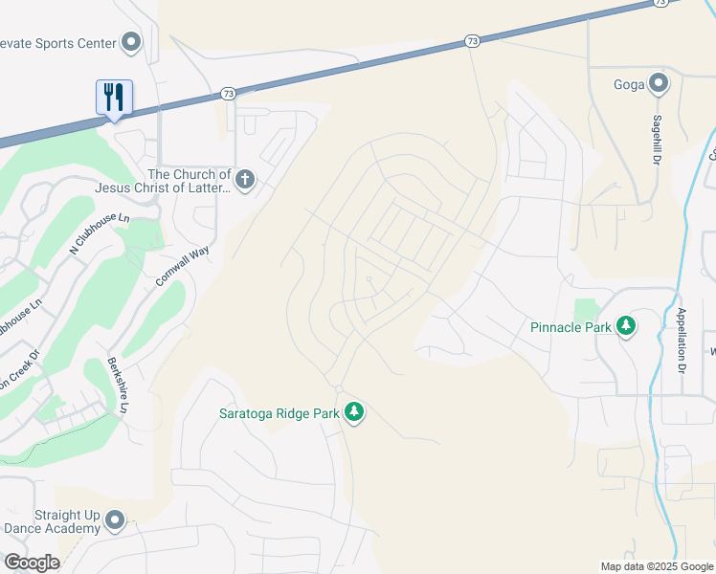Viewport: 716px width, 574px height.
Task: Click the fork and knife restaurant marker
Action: point(114,97)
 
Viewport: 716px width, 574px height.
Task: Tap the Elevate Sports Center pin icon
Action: point(131,42)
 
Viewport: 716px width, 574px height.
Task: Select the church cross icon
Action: point(245,179)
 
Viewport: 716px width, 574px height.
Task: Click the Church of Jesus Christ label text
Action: point(190,181)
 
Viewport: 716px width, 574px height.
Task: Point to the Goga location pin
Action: point(659,83)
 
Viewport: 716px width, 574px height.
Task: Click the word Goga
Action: point(629,84)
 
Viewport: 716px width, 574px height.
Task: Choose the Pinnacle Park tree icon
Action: point(626,326)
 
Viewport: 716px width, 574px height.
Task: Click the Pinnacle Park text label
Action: point(571,327)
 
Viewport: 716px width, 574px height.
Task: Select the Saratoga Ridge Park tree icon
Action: point(355,413)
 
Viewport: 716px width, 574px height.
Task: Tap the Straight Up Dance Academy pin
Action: point(116,520)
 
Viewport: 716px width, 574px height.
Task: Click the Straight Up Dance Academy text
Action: point(53,521)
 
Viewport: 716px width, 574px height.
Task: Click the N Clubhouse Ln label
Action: point(99,233)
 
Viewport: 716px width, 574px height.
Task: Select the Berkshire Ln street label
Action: point(118,386)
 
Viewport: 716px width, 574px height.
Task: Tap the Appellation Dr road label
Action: point(682,341)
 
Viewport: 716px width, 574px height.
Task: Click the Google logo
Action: point(32,562)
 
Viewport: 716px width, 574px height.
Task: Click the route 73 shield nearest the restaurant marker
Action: point(227,93)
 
